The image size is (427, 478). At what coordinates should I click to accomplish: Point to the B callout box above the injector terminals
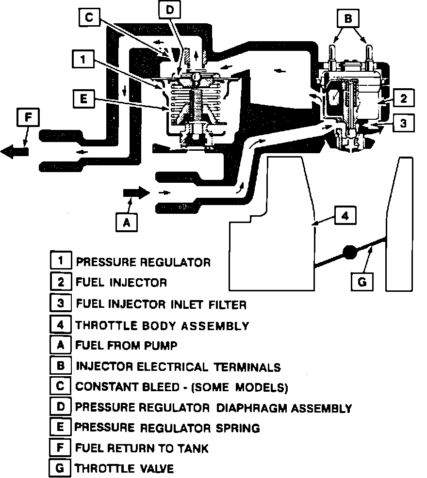(347, 19)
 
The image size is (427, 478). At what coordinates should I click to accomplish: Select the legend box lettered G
(60, 468)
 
